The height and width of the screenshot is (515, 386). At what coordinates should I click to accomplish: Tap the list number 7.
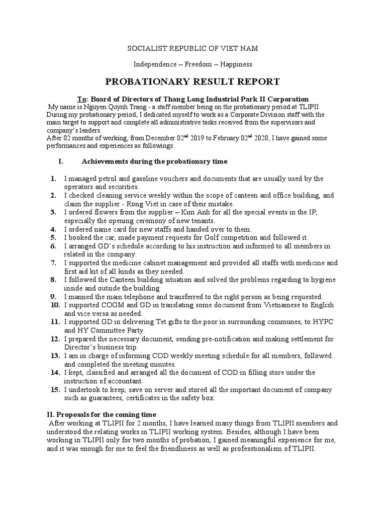pyautogui.click(x=53, y=263)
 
